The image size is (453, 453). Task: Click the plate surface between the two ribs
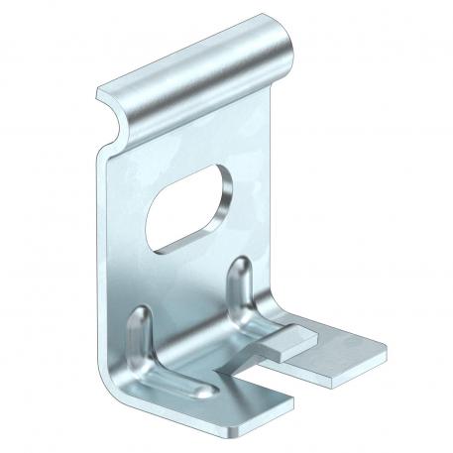point(193,297)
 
